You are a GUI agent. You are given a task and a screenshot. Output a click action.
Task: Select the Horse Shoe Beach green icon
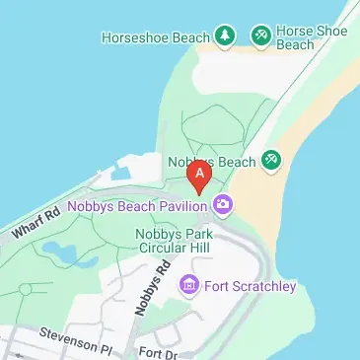point(261,36)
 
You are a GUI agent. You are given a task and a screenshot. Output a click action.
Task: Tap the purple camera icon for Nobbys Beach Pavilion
point(224,205)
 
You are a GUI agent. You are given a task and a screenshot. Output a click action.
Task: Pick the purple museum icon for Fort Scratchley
point(188,286)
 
